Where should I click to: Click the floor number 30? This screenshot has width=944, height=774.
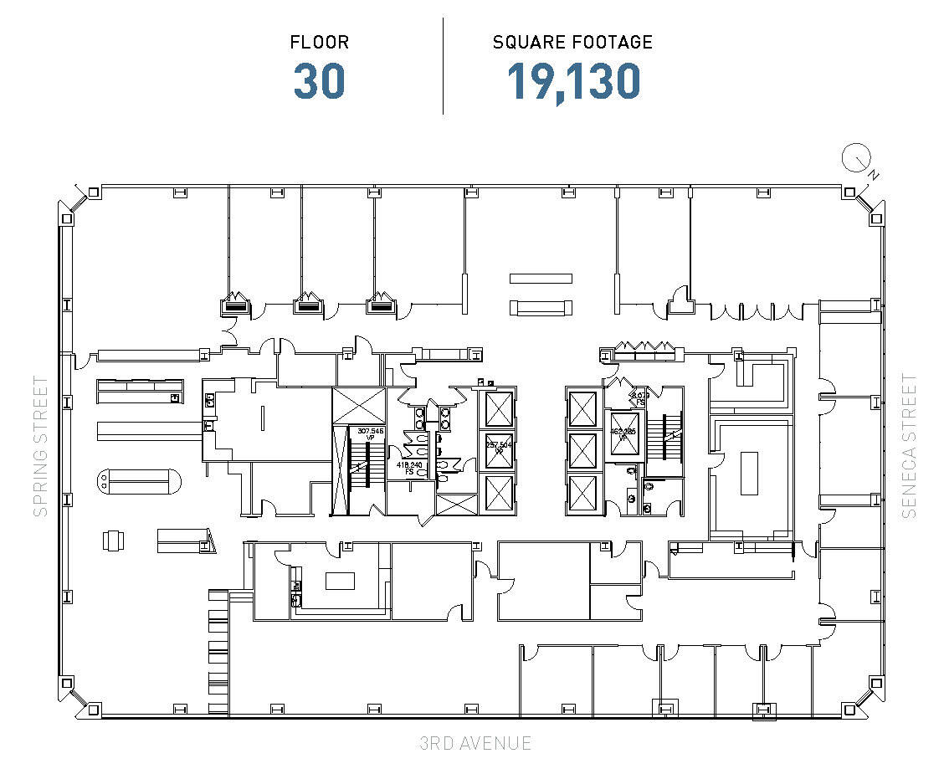pyautogui.click(x=319, y=81)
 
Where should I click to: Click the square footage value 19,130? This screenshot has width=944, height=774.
pyautogui.click(x=574, y=81)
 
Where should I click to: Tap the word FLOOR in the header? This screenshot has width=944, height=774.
pyautogui.click(x=319, y=42)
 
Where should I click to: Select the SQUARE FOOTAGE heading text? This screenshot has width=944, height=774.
pyautogui.click(x=572, y=42)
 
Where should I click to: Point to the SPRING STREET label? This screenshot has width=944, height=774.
pyautogui.click(x=40, y=446)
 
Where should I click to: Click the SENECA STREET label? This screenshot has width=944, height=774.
pyautogui.click(x=910, y=446)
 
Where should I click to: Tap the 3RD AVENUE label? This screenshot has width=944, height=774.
pyautogui.click(x=475, y=743)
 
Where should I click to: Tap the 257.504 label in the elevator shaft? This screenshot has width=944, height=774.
pyautogui.click(x=498, y=446)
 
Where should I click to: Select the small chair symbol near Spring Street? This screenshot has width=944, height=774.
pyautogui.click(x=112, y=541)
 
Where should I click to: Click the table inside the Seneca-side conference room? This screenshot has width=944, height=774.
pyautogui.click(x=749, y=474)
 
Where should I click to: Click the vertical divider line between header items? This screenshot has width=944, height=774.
pyautogui.click(x=443, y=65)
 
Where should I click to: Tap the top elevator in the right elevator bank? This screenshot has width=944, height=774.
pyautogui.click(x=582, y=408)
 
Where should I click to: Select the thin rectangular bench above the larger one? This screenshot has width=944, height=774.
pyautogui.click(x=541, y=278)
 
